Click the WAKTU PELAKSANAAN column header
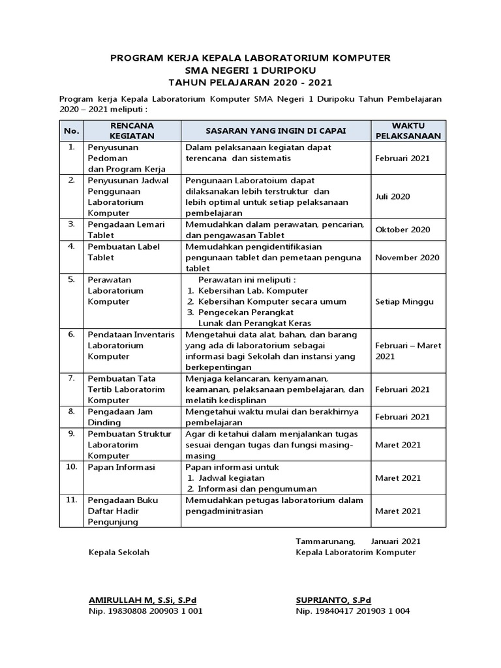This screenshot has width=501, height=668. coord(408,130)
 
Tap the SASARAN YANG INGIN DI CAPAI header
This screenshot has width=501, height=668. coord(275,130)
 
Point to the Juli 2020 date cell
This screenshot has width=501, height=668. coord(393,196)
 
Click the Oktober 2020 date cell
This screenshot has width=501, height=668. coord(402,230)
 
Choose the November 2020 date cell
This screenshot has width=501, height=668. coord(407,257)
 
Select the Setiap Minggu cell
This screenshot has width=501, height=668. coord(404,302)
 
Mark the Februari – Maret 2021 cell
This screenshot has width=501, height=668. coord(408,351)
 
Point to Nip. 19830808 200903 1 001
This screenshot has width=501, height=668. coord(145,611)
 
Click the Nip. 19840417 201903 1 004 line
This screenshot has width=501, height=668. coord(352,611)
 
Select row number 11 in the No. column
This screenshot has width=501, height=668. coord(71,500)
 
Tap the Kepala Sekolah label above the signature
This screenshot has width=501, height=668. coord(119,553)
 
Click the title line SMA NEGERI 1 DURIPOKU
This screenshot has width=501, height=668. coord(250,70)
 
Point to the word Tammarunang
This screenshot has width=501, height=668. coord(325,541)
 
